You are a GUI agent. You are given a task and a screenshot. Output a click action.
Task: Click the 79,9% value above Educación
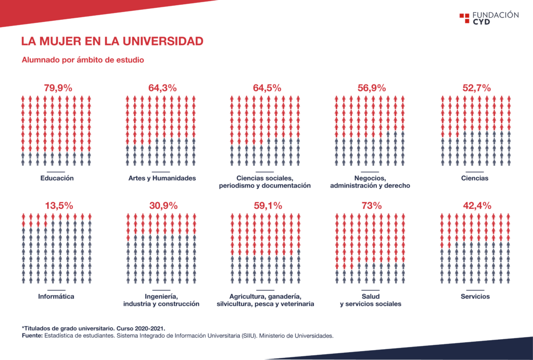pyautogui.click(x=58, y=88)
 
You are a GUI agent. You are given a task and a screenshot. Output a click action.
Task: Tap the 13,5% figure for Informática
pyautogui.click(x=59, y=206)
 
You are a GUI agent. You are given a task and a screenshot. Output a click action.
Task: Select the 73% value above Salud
pyautogui.click(x=372, y=206)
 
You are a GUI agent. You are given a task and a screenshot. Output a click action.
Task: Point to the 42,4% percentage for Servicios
pyautogui.click(x=477, y=206)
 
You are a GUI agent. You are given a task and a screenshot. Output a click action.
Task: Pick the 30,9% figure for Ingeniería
pyautogui.click(x=163, y=206)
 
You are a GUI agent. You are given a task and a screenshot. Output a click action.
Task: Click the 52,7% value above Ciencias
pyautogui.click(x=476, y=88)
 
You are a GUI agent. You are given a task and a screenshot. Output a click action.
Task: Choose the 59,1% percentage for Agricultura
pyautogui.click(x=268, y=206)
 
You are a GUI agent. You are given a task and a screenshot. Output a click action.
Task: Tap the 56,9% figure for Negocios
pyautogui.click(x=372, y=88)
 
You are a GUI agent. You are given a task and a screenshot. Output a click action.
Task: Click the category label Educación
pyautogui.click(x=57, y=178)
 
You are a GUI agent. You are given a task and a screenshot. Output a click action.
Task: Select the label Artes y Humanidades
pyautogui.click(x=162, y=178)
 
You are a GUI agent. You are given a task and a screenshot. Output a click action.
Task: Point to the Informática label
pyautogui.click(x=56, y=296)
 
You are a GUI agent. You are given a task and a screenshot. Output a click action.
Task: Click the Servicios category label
pyautogui.click(x=475, y=296)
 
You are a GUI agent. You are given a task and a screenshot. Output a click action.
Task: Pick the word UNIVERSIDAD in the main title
pyautogui.click(x=163, y=41)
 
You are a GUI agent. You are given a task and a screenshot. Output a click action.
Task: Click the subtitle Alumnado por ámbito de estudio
pyautogui.click(x=83, y=60)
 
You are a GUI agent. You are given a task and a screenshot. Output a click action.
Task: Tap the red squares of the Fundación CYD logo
pyautogui.click(x=464, y=18)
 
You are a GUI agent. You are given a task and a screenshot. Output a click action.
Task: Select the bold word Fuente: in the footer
pyautogui.click(x=32, y=336)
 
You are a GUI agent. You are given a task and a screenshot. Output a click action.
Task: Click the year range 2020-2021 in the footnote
pyautogui.click(x=149, y=329)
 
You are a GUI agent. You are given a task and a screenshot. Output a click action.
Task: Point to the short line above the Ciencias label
pyautogui.click(x=475, y=172)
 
